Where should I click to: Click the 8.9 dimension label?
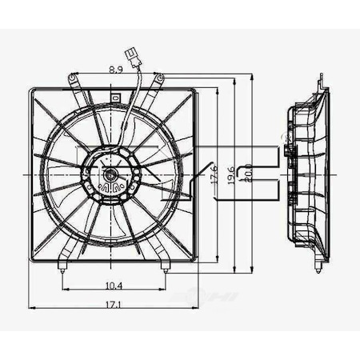click(115, 70)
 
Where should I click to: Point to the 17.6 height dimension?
click(214, 174)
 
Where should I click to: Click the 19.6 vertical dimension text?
click(231, 174)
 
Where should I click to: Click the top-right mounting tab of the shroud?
click(160, 80)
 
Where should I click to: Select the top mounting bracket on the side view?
click(320, 82)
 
